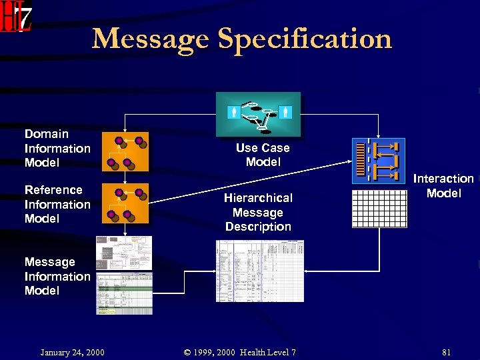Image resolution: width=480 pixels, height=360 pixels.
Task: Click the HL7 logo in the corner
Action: (x=16, y=16)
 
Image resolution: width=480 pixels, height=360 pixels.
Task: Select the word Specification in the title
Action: (x=305, y=39)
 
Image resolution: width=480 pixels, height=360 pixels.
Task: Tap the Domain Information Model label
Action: (x=57, y=148)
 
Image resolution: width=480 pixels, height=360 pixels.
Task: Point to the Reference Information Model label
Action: (x=57, y=204)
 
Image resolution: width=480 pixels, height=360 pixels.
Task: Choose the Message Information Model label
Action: (x=57, y=276)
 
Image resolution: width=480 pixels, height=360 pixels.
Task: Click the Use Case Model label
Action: (x=263, y=155)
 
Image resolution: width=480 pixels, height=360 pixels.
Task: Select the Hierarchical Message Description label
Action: (x=258, y=212)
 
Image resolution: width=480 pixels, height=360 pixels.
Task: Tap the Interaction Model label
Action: (x=443, y=186)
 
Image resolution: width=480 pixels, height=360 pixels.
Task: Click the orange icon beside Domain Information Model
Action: (x=125, y=151)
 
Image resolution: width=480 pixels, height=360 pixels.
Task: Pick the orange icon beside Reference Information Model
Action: (x=125, y=203)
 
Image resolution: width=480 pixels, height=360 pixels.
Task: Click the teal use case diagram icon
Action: (x=258, y=114)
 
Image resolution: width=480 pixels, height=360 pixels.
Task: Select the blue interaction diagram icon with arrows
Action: (x=378, y=160)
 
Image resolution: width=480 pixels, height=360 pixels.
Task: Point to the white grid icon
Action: (x=378, y=209)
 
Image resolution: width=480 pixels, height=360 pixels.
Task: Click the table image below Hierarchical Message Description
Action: (x=259, y=271)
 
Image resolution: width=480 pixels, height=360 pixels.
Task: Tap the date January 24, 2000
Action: (x=72, y=352)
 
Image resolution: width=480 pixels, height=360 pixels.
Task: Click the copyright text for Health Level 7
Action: (x=240, y=352)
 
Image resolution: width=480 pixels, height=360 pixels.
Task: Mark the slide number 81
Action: (x=446, y=352)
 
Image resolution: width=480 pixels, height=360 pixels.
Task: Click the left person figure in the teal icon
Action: (x=233, y=112)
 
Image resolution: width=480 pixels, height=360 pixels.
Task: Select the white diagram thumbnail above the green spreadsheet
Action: (x=125, y=253)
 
